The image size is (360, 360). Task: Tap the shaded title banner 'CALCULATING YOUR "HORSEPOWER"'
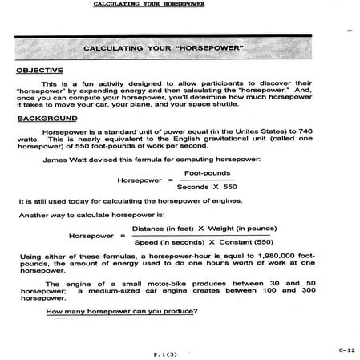pos(174,50)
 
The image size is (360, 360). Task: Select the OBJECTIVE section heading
pos(38,71)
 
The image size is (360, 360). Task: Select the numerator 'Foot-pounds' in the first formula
pos(207,172)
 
